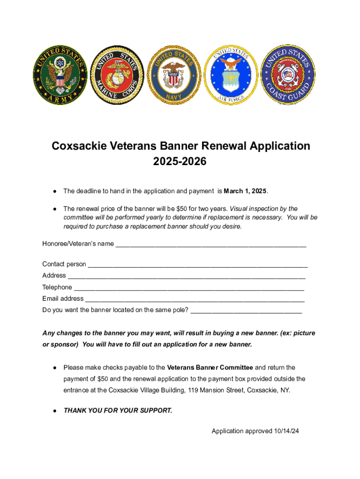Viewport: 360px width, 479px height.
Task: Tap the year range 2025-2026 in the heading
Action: (180, 161)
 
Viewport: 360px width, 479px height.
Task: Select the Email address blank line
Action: (195, 298)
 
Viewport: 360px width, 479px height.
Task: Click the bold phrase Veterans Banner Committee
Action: (210, 368)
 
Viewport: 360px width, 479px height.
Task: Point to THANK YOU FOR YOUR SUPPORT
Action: (118, 411)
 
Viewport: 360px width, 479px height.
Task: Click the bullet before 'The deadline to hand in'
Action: (55, 191)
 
